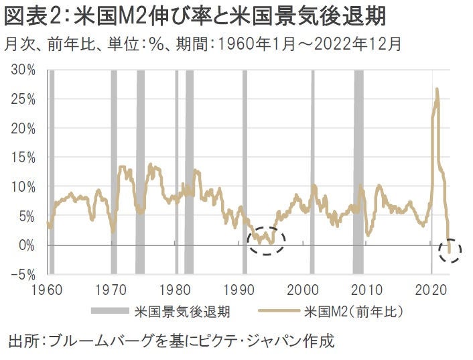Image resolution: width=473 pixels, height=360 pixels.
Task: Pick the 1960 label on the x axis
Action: [47, 291]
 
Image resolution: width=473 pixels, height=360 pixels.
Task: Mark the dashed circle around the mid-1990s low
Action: [266, 239]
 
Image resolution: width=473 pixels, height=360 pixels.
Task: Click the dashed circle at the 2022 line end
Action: [450, 250]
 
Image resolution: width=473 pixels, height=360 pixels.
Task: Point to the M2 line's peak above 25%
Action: [437, 89]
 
